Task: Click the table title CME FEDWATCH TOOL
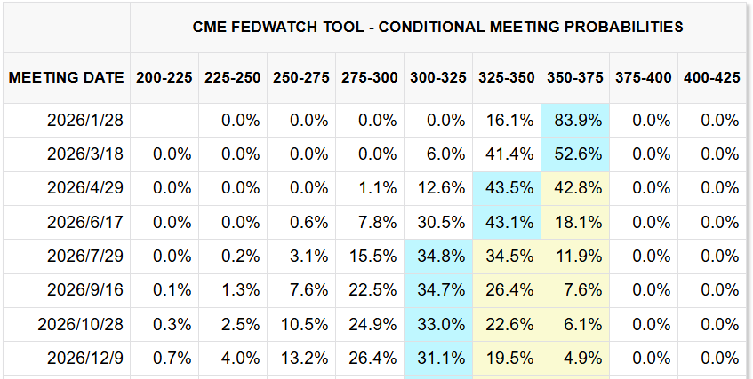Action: point(437,27)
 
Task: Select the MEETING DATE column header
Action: point(66,77)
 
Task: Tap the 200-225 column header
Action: point(164,77)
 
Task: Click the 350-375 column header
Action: point(575,77)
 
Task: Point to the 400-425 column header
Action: point(711,77)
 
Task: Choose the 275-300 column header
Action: point(369,77)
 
